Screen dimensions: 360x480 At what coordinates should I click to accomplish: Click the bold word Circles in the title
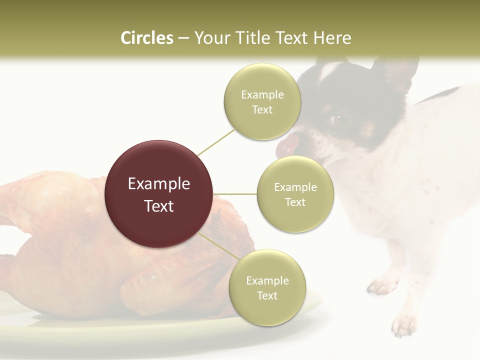click(x=146, y=38)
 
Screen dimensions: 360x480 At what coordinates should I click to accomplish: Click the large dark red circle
click(x=159, y=194)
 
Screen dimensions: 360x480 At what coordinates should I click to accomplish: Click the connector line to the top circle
click(x=216, y=141)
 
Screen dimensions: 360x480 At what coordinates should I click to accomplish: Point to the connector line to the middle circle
click(x=235, y=194)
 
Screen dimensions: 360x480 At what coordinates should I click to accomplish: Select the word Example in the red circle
click(x=159, y=184)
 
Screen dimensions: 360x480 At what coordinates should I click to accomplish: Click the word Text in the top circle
click(x=262, y=109)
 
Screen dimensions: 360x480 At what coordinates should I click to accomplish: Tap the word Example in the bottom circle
click(x=267, y=280)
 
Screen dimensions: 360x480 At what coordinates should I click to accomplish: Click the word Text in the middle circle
click(x=295, y=202)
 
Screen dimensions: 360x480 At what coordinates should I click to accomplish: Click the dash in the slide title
click(x=183, y=38)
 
